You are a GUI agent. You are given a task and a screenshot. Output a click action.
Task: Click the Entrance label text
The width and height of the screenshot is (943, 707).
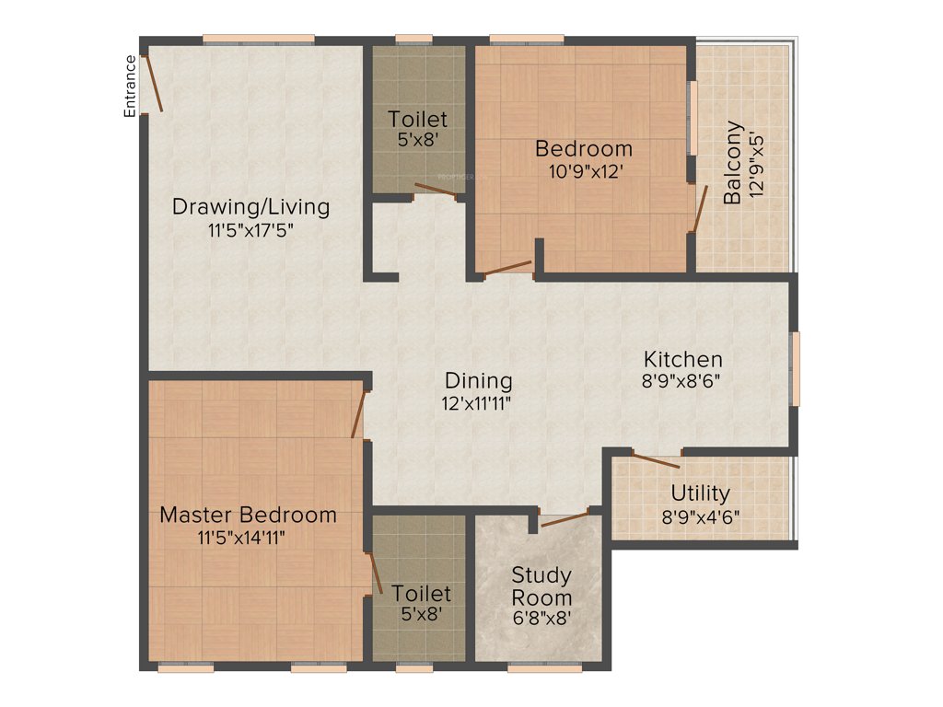(x=131, y=86)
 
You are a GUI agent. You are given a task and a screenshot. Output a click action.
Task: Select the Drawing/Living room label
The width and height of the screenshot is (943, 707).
(x=250, y=206)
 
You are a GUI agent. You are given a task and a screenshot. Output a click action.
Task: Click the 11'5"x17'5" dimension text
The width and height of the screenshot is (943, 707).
(x=250, y=230)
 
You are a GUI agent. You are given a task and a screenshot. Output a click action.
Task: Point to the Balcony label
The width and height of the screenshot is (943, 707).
(x=733, y=163)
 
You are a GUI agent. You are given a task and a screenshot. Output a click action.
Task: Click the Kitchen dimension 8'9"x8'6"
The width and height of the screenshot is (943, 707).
(x=682, y=381)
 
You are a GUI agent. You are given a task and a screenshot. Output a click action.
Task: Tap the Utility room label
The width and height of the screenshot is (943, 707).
(x=700, y=493)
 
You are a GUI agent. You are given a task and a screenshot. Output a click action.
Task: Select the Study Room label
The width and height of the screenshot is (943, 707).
(x=541, y=586)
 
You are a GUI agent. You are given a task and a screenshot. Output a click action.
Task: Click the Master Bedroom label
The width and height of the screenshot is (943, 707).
(x=248, y=515)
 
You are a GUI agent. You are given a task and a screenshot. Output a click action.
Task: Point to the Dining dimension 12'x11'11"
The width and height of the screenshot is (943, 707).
(x=478, y=402)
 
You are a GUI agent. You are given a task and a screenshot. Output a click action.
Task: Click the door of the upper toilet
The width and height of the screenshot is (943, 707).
(x=436, y=191)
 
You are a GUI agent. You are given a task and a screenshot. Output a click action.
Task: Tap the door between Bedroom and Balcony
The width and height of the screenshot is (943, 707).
(x=700, y=209)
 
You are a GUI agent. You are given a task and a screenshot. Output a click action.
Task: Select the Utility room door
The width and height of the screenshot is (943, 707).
(x=656, y=459)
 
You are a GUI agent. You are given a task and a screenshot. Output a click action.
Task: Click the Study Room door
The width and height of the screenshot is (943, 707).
(x=565, y=518)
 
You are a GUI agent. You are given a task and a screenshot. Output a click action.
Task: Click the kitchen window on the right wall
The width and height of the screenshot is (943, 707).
(x=796, y=368)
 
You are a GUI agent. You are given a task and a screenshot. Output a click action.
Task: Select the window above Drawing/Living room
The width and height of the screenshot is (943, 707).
(x=259, y=39)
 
